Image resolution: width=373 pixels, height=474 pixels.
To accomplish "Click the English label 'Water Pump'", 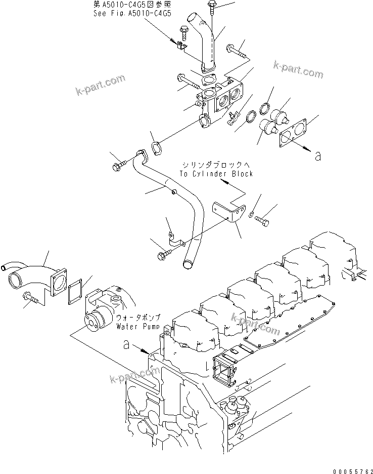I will coord(138,327).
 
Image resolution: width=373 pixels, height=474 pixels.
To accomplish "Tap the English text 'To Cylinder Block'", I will coord(216,173).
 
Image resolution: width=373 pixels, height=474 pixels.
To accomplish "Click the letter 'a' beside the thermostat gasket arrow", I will coord(317,156).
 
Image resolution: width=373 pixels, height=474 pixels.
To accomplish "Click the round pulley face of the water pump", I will coord(94,321).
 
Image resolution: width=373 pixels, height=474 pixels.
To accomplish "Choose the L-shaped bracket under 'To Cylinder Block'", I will coord(228,214).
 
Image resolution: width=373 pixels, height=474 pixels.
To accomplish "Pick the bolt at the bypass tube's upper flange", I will coord(119,165).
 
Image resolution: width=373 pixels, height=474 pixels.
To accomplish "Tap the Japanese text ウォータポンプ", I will coord(137,318).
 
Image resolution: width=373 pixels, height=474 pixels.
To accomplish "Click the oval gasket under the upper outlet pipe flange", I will coord(207,81).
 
